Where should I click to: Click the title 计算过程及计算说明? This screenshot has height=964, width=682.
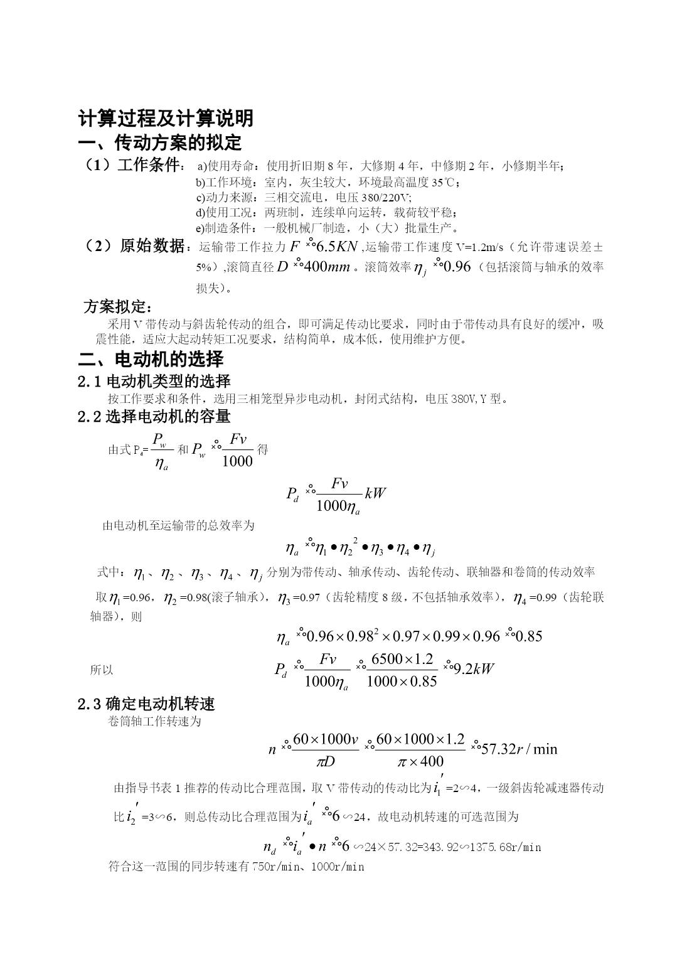166,119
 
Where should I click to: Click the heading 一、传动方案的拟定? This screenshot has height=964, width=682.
159,142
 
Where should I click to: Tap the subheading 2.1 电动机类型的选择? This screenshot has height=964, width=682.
154,381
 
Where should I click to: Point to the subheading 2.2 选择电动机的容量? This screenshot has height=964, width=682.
154,416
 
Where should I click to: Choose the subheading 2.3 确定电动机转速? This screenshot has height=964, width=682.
146,704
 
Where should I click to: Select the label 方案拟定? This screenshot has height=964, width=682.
117,307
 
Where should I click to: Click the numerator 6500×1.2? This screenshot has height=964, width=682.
402,659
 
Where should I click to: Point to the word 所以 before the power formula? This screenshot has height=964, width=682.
102,670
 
